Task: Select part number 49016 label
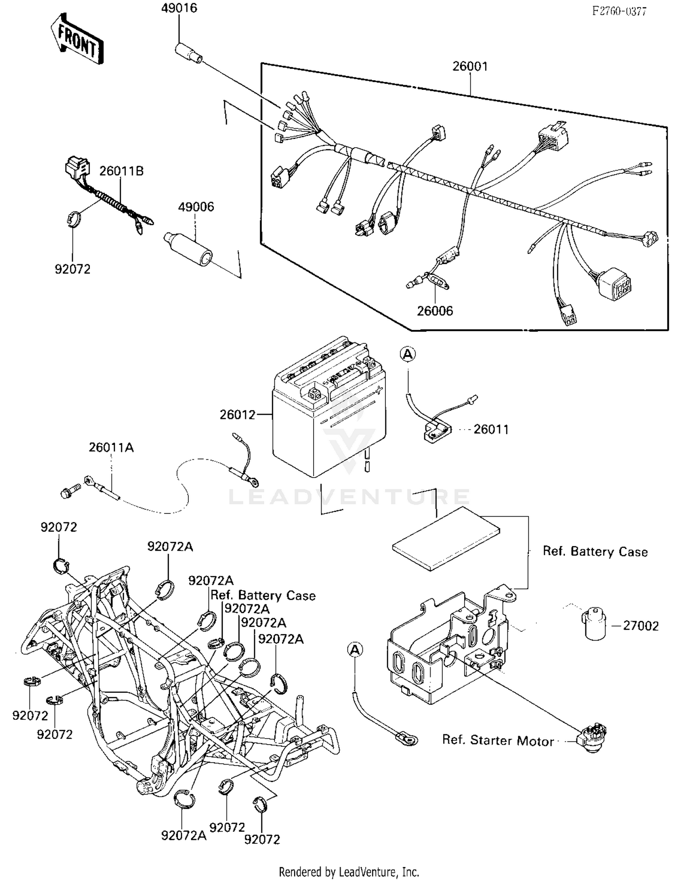pyautogui.click(x=179, y=8)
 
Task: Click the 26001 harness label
pyautogui.click(x=470, y=66)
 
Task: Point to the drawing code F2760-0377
pyautogui.click(x=619, y=12)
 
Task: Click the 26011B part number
pyautogui.click(x=121, y=171)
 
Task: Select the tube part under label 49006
pyautogui.click(x=188, y=248)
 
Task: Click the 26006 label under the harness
pyautogui.click(x=435, y=311)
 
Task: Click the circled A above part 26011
pyautogui.click(x=408, y=355)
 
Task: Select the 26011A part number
pyautogui.click(x=111, y=448)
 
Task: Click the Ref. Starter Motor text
pyautogui.click(x=498, y=740)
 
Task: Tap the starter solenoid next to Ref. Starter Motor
pyautogui.click(x=592, y=737)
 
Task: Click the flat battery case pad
pyautogui.click(x=446, y=539)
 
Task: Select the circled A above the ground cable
pyautogui.click(x=355, y=650)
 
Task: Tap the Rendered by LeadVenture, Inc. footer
pyautogui.click(x=349, y=872)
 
